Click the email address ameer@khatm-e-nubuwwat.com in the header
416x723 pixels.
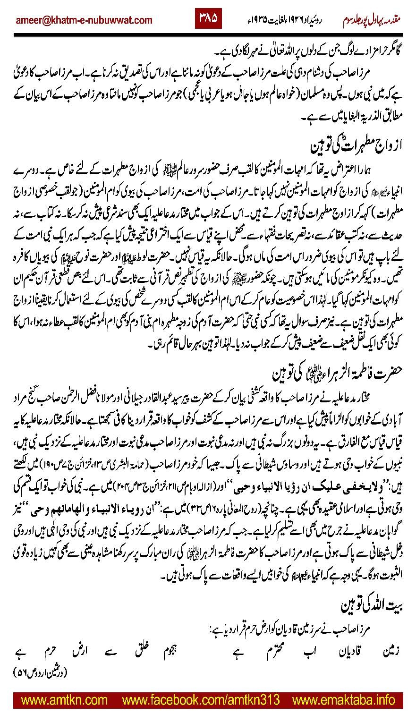click(84, 20)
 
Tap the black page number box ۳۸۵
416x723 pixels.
click(208, 19)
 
